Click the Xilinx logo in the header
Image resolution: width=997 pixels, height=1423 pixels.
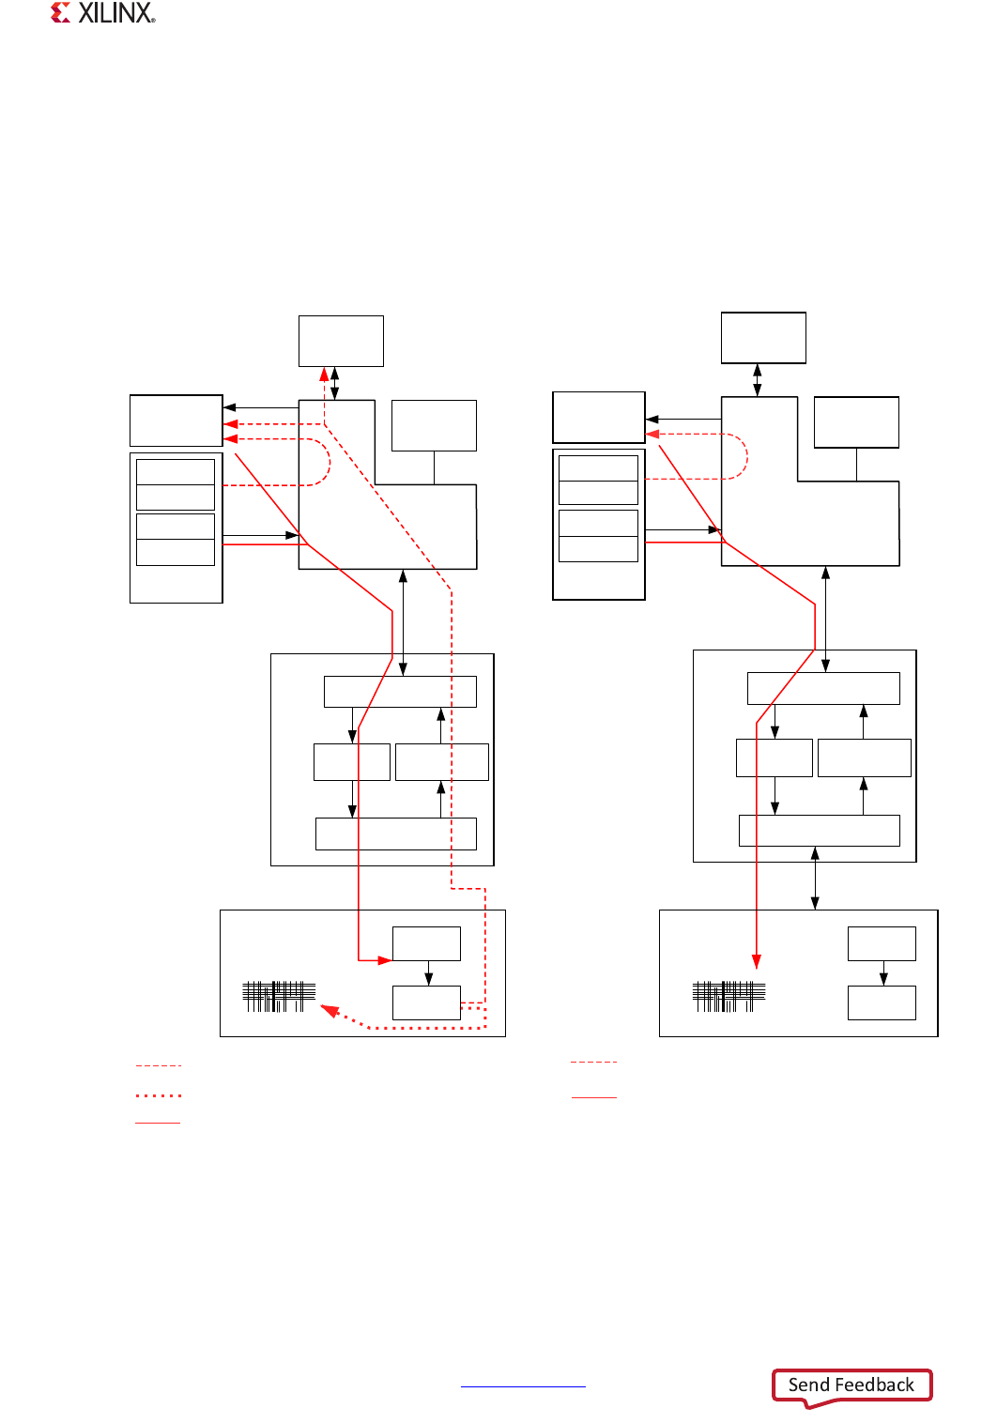(103, 13)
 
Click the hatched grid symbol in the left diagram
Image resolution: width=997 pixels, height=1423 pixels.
(279, 996)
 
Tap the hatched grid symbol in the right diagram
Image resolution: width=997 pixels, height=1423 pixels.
(729, 996)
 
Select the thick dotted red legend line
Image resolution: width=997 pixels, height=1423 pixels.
(159, 1095)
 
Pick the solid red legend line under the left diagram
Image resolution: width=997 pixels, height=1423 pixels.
(158, 1123)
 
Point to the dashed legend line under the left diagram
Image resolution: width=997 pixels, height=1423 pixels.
(159, 1066)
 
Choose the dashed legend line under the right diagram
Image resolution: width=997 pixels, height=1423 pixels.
(593, 1062)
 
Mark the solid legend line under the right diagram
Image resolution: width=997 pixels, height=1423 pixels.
(594, 1097)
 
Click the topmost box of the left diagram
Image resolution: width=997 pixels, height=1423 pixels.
(341, 341)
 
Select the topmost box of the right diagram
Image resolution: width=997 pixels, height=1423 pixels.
(763, 337)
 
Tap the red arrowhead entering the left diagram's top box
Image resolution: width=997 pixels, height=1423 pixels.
(324, 374)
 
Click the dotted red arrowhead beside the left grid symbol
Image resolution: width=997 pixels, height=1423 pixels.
(329, 1011)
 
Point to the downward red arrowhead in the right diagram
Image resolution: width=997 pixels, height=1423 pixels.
(756, 961)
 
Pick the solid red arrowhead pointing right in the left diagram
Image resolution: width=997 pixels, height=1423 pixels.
(385, 960)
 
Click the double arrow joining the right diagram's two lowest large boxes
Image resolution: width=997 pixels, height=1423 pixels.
(815, 879)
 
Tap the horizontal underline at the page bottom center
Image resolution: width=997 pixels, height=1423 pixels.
(523, 1386)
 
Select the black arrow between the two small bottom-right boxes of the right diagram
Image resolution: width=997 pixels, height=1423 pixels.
(882, 973)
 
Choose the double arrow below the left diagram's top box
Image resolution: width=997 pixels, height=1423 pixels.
(335, 383)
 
